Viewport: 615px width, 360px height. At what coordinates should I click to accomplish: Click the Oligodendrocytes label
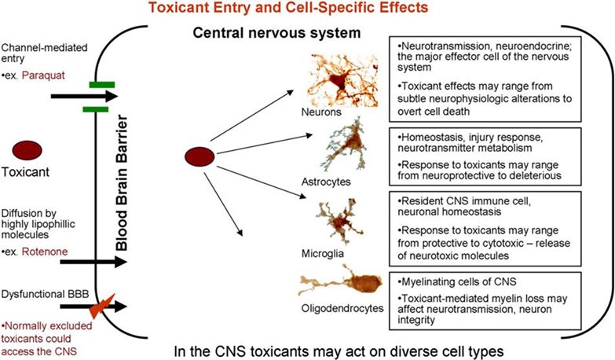pos(340,309)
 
